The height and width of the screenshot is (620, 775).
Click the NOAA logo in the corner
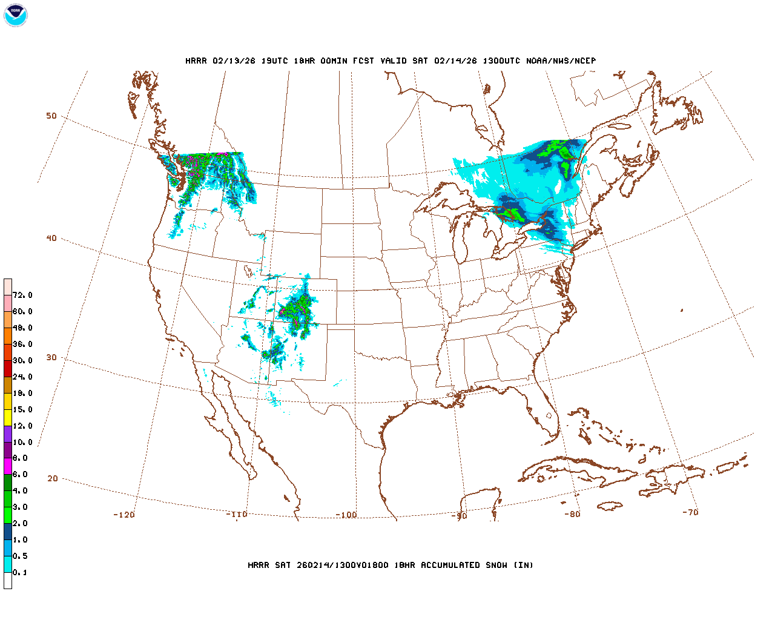(15, 15)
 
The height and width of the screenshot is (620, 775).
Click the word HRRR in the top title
(196, 61)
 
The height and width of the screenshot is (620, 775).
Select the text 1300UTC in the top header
(501, 61)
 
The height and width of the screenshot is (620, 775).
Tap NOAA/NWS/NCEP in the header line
(561, 61)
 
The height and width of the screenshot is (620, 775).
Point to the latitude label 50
(51, 116)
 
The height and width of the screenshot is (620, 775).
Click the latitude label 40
(51, 238)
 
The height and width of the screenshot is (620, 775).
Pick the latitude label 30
(51, 357)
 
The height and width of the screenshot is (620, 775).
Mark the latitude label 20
(53, 478)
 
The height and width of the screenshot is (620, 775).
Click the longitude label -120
(124, 515)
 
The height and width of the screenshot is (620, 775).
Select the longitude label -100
(346, 515)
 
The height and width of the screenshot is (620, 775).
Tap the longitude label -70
(690, 512)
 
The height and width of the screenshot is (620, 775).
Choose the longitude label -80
(572, 514)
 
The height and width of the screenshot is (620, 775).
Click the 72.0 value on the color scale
(22, 295)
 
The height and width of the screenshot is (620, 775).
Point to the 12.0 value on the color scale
(22, 426)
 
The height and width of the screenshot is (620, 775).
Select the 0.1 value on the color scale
(20, 573)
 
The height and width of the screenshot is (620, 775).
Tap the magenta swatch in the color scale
(8, 466)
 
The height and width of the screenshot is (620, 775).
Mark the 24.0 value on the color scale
(22, 377)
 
